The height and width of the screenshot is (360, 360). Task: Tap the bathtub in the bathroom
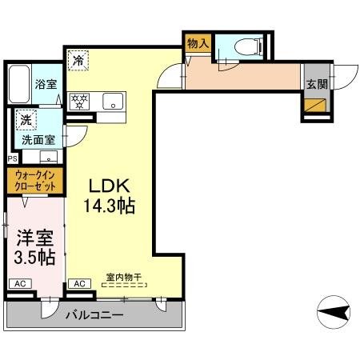point(20,82)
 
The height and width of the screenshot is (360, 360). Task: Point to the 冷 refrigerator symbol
point(78,59)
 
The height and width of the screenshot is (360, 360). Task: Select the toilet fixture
point(246,46)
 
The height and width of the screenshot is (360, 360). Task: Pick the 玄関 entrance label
point(314,82)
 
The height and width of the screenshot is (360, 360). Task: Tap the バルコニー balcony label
point(94,315)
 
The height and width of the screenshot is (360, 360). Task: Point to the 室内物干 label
point(123,278)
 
